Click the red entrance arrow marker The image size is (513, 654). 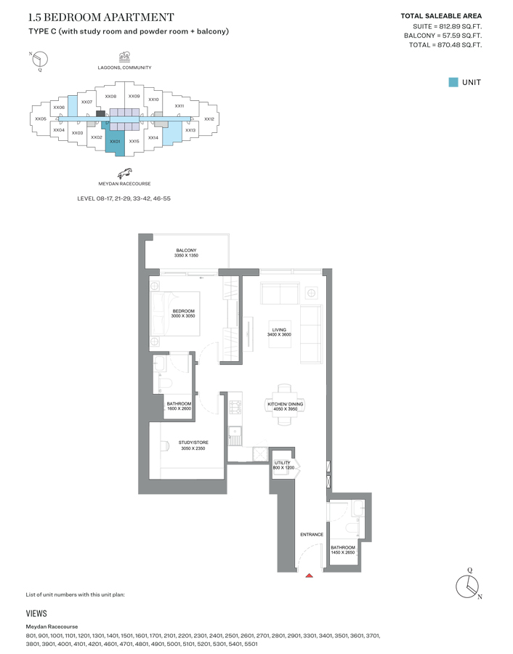[x=309, y=576]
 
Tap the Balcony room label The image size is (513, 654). [x=186, y=250]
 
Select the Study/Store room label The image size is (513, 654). [x=193, y=443]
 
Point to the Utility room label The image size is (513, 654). [x=283, y=463]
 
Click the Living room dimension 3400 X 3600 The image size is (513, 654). [x=279, y=334]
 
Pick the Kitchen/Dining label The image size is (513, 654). [x=286, y=404]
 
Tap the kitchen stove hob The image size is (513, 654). [x=235, y=407]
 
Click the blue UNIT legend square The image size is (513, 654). [x=453, y=82]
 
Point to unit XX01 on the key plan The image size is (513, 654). [x=115, y=142]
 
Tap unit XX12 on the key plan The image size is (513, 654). [x=209, y=119]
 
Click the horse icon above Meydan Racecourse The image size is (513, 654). [x=124, y=174]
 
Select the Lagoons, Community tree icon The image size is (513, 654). [x=124, y=57]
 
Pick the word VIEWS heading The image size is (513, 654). [x=36, y=613]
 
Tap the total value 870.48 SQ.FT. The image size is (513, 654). [x=460, y=45]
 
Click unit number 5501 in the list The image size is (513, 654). [x=251, y=644]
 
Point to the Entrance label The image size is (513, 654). [x=312, y=534]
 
